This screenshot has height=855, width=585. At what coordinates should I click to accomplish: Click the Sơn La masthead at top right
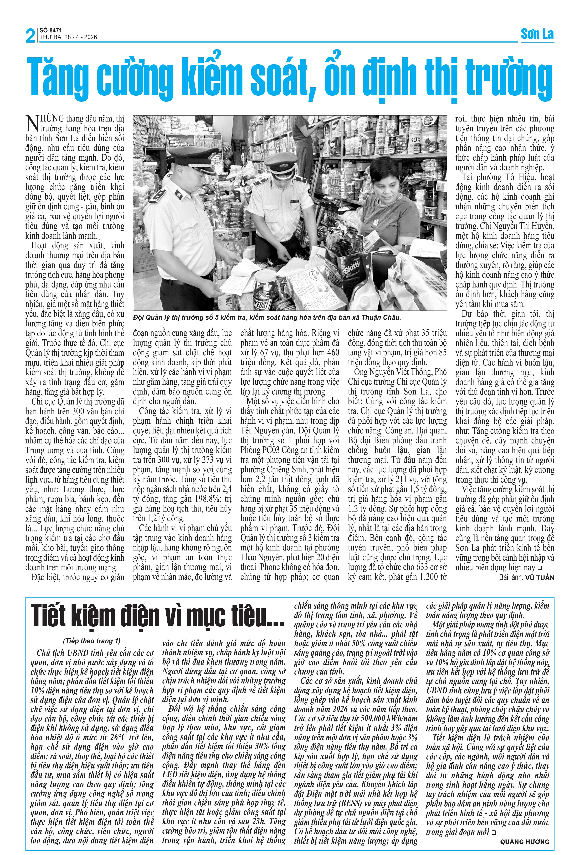click(x=537, y=34)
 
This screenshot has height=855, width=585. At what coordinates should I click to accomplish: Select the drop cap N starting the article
click(x=32, y=123)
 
